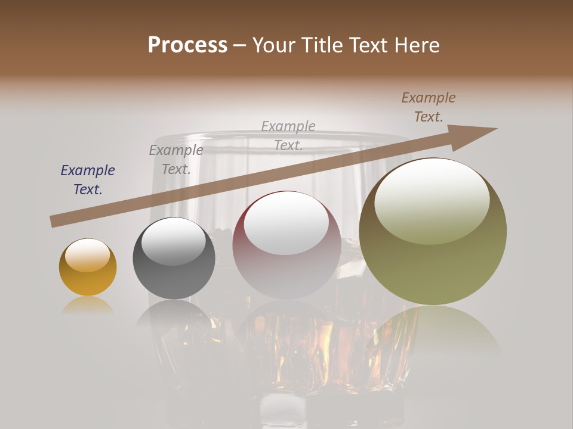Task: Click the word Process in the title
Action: coord(187,45)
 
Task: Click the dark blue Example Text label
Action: coord(88,180)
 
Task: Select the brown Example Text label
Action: coord(429,107)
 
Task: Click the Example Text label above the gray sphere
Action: coord(176,160)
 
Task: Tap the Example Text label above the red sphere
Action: coord(288,135)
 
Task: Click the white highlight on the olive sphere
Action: coord(432,200)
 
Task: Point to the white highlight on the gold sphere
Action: coord(88,255)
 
